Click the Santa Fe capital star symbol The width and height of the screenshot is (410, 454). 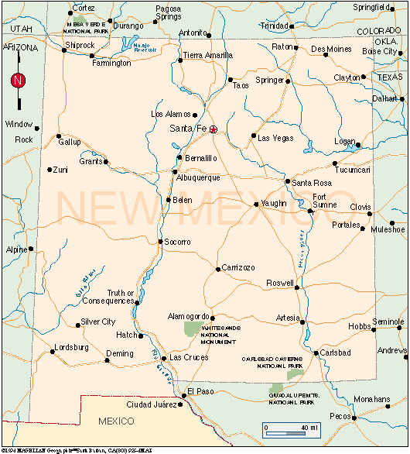(x=214, y=129)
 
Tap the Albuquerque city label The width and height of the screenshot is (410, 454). (x=199, y=177)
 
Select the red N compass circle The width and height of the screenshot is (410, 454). (x=17, y=80)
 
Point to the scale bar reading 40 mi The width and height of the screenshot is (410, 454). (x=292, y=428)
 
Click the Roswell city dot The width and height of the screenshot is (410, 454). (x=296, y=284)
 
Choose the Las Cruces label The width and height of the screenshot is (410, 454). (x=189, y=357)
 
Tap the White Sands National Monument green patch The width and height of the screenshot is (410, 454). (x=191, y=328)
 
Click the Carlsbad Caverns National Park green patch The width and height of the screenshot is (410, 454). (x=295, y=375)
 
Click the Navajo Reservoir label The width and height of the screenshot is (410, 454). (x=145, y=48)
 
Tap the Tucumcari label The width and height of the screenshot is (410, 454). (x=353, y=170)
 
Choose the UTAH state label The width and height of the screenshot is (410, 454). (x=23, y=28)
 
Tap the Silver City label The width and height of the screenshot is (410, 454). (x=98, y=322)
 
